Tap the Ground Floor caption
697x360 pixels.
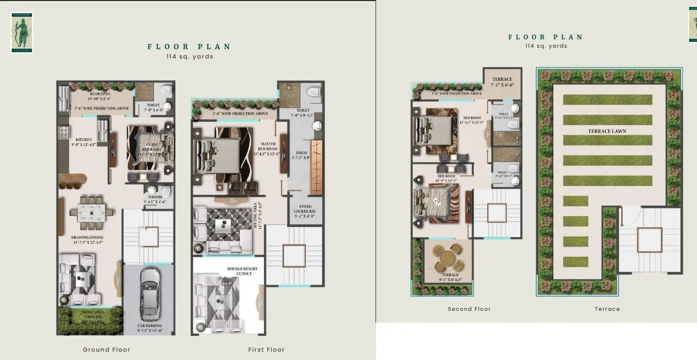pos(107,350)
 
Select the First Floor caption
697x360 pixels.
pos(266,350)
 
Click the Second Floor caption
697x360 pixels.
pos(469,309)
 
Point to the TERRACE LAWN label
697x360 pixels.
pos(607,131)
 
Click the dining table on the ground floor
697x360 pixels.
pos(92,213)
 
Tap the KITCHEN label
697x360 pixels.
pos(84,143)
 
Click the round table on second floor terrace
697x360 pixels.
pos(448,258)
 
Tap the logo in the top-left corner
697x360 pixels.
pos(22,32)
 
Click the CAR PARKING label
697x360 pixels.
pos(149,328)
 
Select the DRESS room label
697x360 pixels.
pos(301,155)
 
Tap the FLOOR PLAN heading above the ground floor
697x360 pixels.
pos(189,47)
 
